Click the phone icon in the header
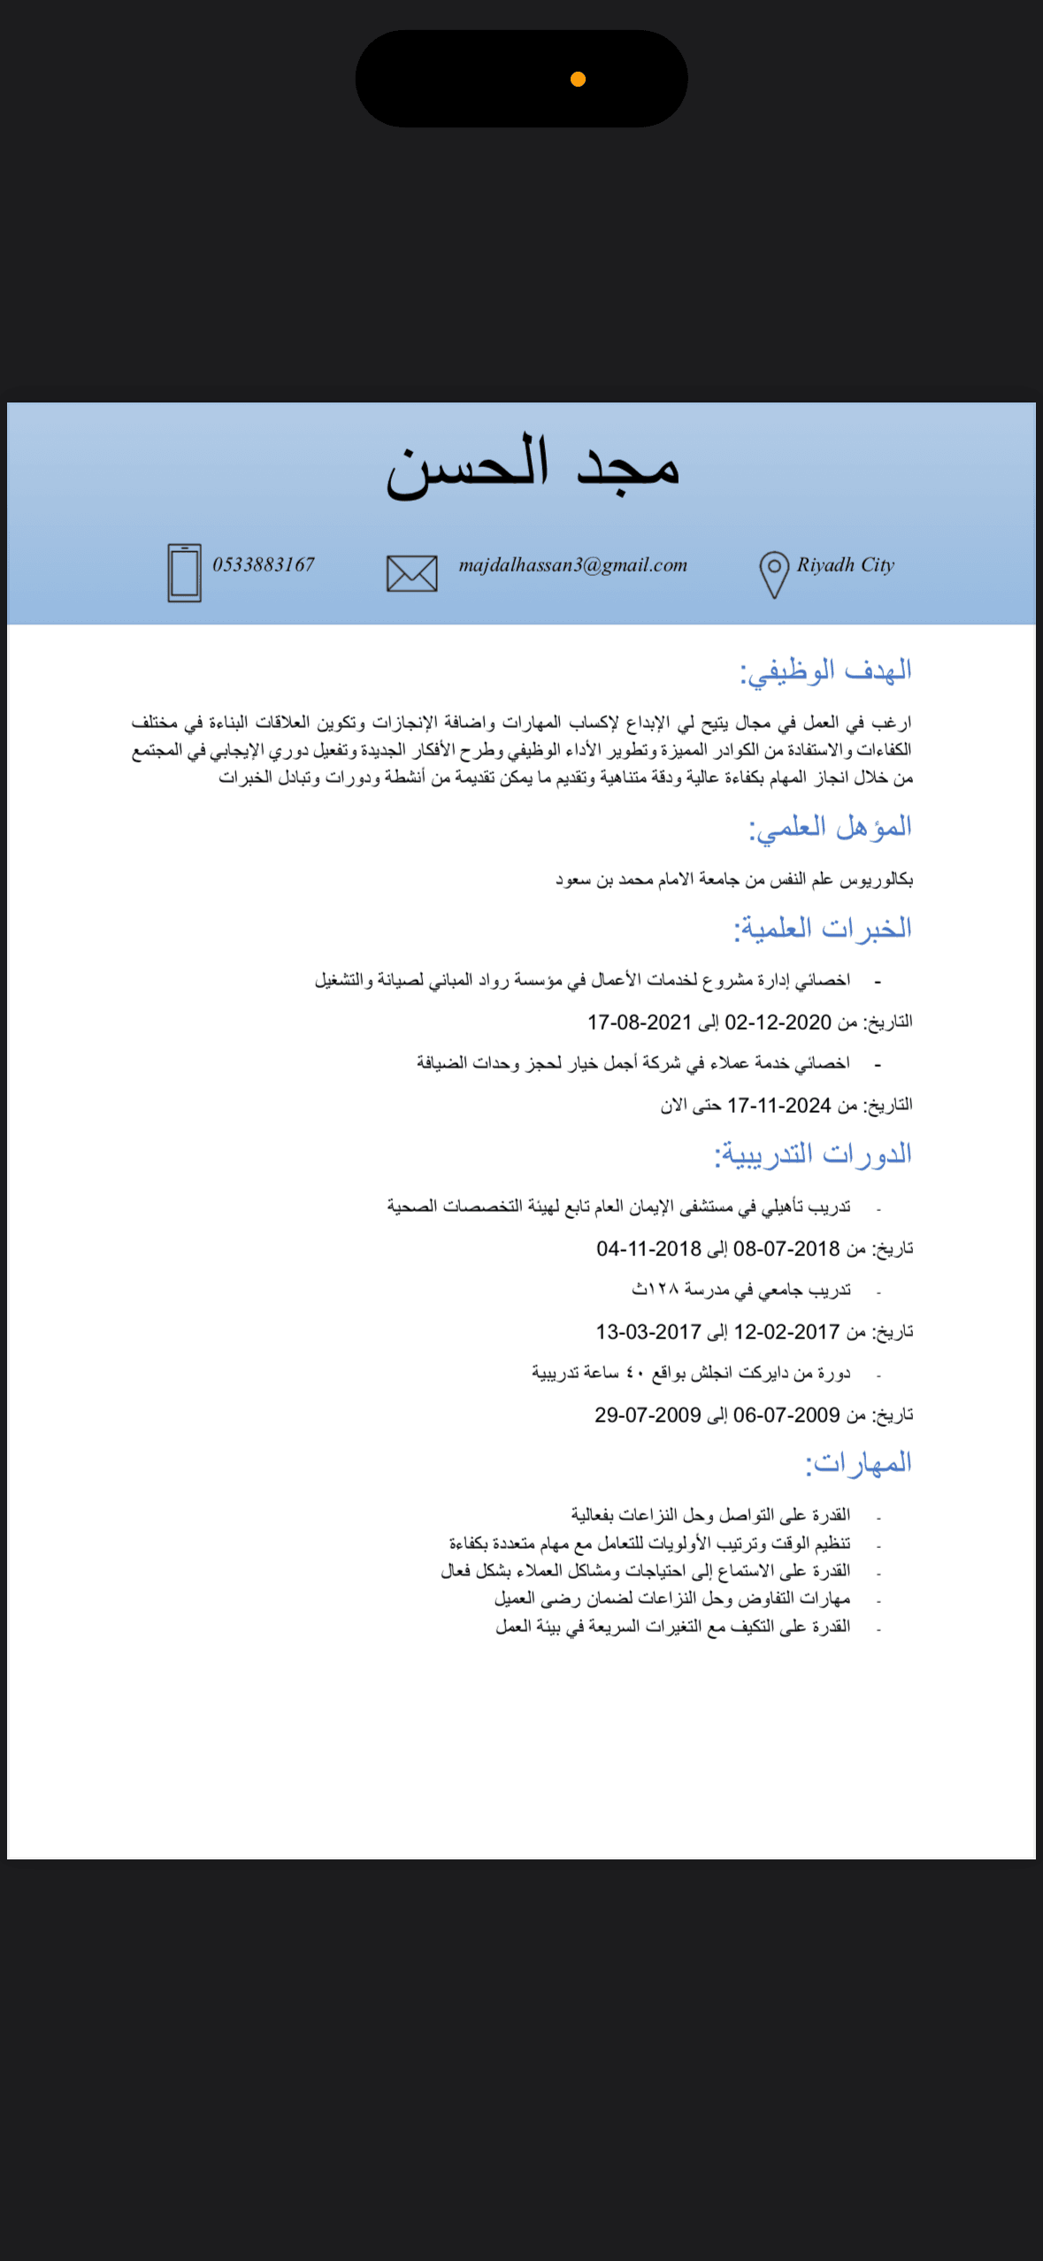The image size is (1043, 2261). (184, 572)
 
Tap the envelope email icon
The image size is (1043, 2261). (412, 573)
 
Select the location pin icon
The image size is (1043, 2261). (774, 573)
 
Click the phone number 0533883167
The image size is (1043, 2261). (264, 564)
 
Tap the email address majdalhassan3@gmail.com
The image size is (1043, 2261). (572, 564)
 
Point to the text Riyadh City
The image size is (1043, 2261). (845, 564)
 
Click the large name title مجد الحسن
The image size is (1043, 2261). (533, 466)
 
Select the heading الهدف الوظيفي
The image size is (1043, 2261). (825, 671)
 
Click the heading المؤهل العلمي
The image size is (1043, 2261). (830, 827)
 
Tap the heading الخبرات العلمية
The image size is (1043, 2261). (823, 928)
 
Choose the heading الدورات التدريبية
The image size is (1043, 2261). (813, 1153)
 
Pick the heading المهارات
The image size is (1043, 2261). (858, 1462)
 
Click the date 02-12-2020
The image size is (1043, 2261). (778, 1022)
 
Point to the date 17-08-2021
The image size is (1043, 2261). (640, 1022)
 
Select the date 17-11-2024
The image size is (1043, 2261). (779, 1105)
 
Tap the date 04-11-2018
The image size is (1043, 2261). (648, 1248)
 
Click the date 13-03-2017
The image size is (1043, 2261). (648, 1331)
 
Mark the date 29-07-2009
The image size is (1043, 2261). (648, 1414)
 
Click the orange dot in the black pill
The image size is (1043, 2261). (578, 80)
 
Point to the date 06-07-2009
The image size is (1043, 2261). (786, 1414)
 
